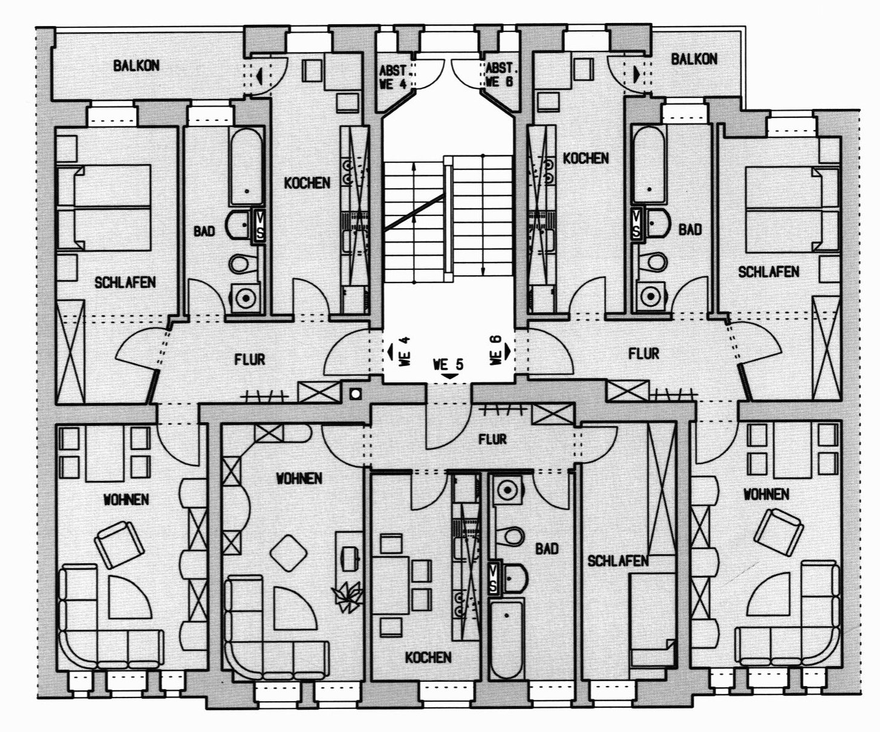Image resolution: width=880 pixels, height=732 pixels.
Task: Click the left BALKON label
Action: click(x=136, y=65)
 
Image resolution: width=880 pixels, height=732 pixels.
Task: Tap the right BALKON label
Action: click(x=694, y=59)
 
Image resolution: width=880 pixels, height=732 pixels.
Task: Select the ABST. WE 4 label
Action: click(x=394, y=76)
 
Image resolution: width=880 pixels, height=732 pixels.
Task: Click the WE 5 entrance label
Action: click(x=448, y=365)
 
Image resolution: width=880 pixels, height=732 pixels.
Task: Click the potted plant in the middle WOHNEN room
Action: click(x=348, y=596)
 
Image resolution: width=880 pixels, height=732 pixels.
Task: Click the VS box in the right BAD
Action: click(x=637, y=223)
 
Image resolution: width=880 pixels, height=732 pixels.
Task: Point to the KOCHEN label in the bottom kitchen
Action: click(x=428, y=657)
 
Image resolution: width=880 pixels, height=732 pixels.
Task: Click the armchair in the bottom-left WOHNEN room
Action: click(x=121, y=544)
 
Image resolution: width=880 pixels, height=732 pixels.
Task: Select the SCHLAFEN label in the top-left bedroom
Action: click(x=125, y=282)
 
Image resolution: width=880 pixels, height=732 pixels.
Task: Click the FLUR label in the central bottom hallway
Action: click(x=492, y=439)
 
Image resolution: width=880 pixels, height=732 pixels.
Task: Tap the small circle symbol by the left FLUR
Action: click(x=356, y=393)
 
